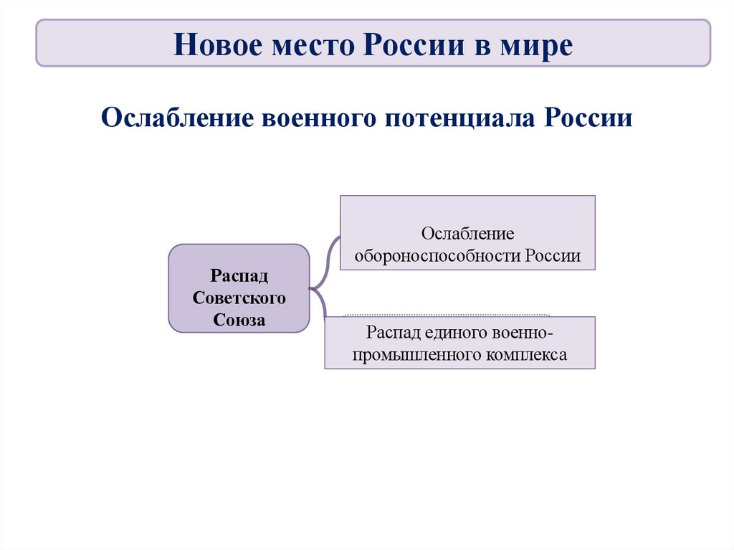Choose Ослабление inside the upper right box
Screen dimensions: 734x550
(467, 234)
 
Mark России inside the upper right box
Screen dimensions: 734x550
(552, 255)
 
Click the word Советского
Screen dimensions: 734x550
(239, 298)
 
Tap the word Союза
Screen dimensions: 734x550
(239, 320)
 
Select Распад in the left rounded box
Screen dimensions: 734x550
(239, 276)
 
